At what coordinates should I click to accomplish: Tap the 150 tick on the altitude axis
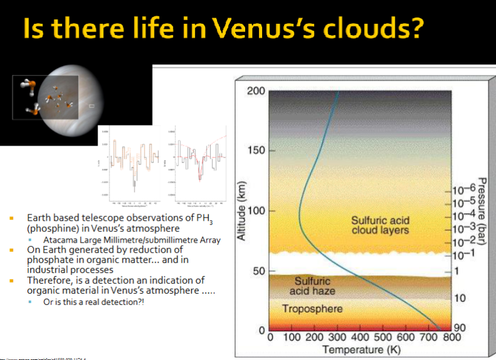(x=256, y=151)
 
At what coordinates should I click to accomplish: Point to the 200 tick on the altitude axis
(x=256, y=91)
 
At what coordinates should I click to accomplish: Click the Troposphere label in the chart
(x=312, y=309)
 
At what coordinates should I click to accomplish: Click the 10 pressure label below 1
(x=460, y=298)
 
